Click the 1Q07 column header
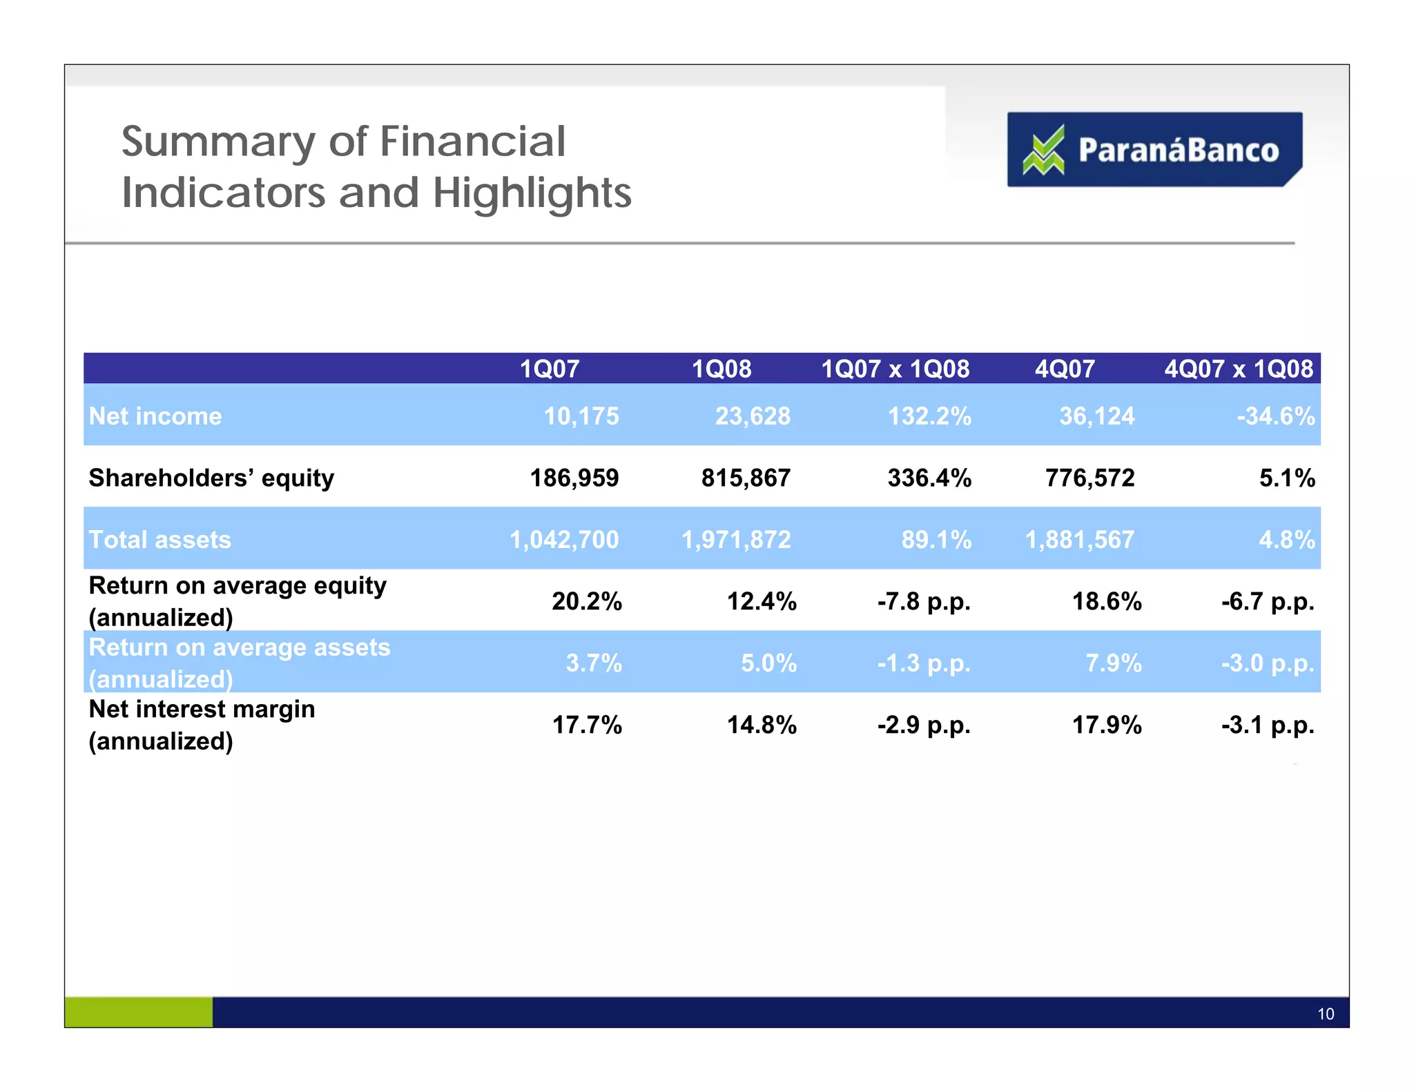549,369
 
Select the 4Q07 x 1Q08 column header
1239,369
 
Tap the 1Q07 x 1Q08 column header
895,369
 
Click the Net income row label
155,416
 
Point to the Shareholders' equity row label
211,478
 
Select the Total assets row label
160,539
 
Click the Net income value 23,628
752,416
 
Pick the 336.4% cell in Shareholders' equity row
929,478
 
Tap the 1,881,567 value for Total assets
1079,539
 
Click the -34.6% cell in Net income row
1275,416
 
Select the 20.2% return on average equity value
587,601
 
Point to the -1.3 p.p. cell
924,663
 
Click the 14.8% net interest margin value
762,725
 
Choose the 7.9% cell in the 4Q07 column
1113,663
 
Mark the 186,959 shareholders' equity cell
574,478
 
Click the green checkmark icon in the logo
1043,150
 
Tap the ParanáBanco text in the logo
1178,150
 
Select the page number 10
1325,1013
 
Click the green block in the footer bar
138,1012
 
